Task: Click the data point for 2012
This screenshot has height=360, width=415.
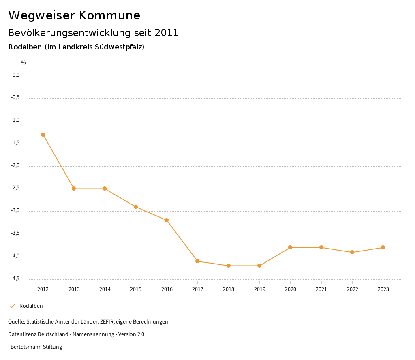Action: click(43, 135)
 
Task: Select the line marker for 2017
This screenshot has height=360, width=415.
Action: click(197, 261)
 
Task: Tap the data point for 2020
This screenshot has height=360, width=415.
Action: click(290, 247)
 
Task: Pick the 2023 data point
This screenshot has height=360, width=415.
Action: click(383, 247)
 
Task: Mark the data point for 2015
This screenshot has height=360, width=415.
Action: click(136, 207)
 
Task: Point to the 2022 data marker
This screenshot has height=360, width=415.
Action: click(352, 252)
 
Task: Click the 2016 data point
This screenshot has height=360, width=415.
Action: click(167, 220)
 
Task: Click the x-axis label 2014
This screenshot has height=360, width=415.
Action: click(105, 289)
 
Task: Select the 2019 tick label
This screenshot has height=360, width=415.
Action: click(259, 289)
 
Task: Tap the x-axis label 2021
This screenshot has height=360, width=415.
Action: click(321, 289)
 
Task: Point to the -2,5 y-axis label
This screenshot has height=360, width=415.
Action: click(16, 188)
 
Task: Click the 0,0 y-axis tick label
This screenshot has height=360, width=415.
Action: click(16, 75)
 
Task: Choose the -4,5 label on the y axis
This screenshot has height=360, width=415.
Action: click(16, 279)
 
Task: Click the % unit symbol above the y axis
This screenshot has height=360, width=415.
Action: click(24, 63)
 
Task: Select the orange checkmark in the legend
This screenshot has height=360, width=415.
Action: click(12, 306)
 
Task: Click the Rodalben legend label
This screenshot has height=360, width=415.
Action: click(31, 306)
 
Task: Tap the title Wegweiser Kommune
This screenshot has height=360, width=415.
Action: click(74, 15)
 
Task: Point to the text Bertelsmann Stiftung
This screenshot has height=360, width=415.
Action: click(36, 347)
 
